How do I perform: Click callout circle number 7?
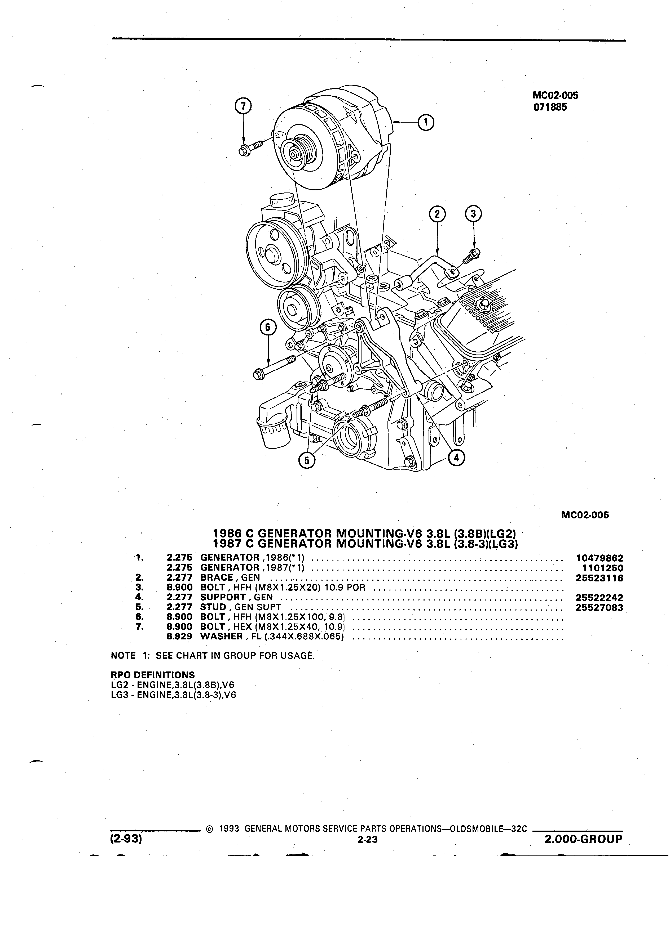[x=243, y=106]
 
